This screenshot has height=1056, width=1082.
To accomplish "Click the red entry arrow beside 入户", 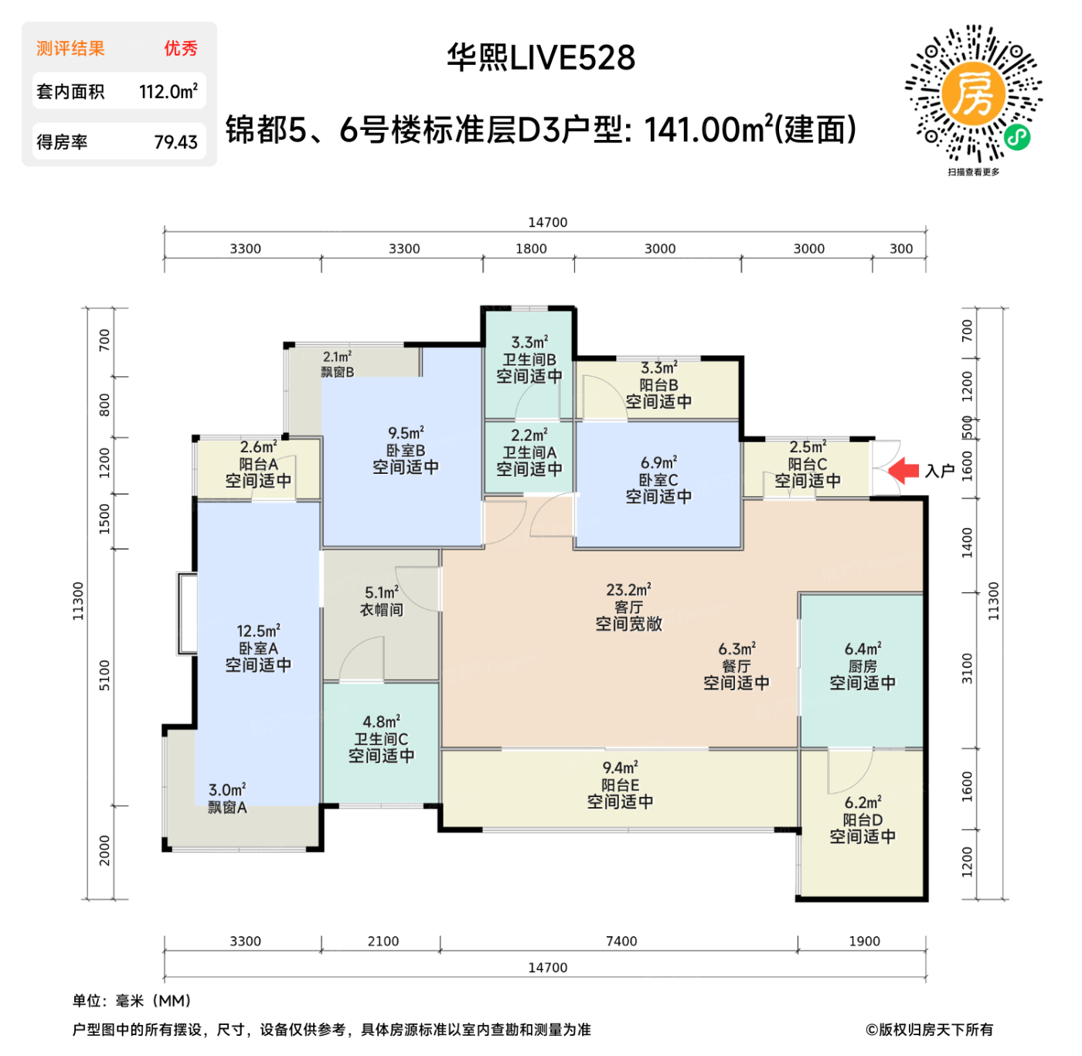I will tap(903, 470).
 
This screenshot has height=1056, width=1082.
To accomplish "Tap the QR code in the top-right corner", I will tap(973, 94).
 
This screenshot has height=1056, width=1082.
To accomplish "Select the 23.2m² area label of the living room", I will tap(628, 591).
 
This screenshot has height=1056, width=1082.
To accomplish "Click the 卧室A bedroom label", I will tap(258, 649).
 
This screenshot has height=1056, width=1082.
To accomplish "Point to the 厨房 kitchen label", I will tap(862, 666).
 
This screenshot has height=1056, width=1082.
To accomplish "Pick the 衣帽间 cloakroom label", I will tap(381, 610).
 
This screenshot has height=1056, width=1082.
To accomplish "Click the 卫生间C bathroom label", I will tap(381, 739).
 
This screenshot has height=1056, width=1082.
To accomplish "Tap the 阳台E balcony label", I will tap(620, 785).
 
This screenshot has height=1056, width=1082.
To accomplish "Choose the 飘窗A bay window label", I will tap(227, 808).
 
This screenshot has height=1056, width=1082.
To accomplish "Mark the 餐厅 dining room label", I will tap(736, 666).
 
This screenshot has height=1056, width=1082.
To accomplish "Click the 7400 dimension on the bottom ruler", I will tap(621, 942).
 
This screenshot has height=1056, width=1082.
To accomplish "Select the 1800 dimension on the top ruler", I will tap(531, 249).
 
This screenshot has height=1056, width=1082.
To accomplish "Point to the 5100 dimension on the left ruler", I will tap(104, 676).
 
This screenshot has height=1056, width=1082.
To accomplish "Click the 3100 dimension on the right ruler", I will tap(967, 669).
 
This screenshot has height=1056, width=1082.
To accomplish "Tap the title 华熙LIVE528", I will tap(541, 58).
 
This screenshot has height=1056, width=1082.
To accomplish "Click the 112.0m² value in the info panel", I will tap(168, 92).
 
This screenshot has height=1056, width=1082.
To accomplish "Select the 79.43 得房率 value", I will tap(175, 142).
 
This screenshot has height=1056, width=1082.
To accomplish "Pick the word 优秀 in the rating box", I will tap(181, 49).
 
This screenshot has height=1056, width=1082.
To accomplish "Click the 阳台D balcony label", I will tap(863, 820).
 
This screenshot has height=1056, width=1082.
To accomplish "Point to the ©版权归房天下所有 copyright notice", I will tap(929, 1030).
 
